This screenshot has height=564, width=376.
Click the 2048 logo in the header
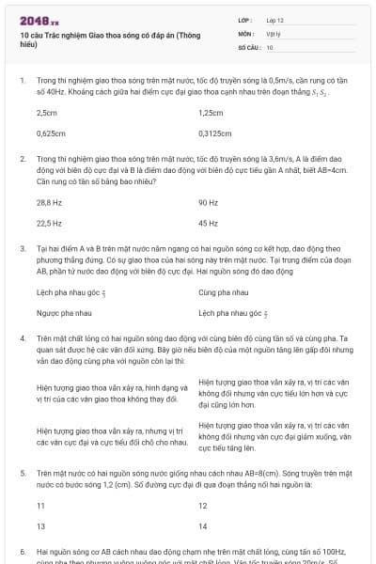[x=39, y=19]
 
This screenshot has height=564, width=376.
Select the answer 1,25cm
[x=211, y=112]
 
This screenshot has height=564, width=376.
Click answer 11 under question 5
[x=40, y=505]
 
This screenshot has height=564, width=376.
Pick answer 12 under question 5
[x=203, y=505]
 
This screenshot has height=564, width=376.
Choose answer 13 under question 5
[x=40, y=526]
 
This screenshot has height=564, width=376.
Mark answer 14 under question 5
[x=203, y=526]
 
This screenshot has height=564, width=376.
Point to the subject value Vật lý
[x=274, y=33]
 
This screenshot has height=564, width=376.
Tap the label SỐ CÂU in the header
[x=249, y=46]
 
